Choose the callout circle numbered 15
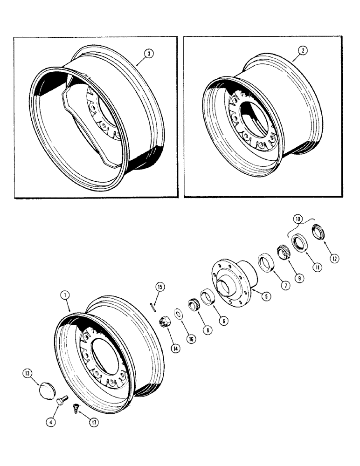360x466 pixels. coord(160,287)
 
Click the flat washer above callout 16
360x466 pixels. coord(179,311)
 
